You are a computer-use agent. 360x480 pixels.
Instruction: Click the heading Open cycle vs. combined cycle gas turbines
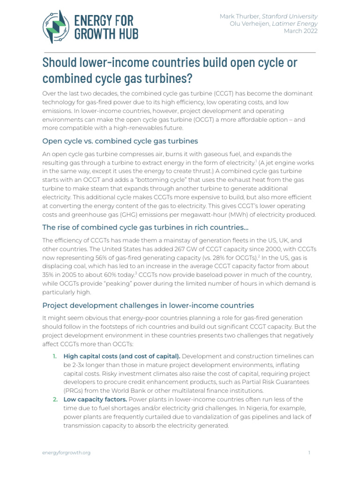tap(120, 141)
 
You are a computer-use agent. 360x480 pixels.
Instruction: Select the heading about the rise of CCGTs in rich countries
tap(145, 227)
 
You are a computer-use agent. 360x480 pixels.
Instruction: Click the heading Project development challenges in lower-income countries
tap(148, 305)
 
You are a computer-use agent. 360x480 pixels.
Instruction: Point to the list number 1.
tap(55, 356)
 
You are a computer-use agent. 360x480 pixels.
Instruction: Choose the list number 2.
tap(55, 399)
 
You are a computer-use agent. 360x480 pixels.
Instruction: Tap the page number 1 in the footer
tap(310, 452)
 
